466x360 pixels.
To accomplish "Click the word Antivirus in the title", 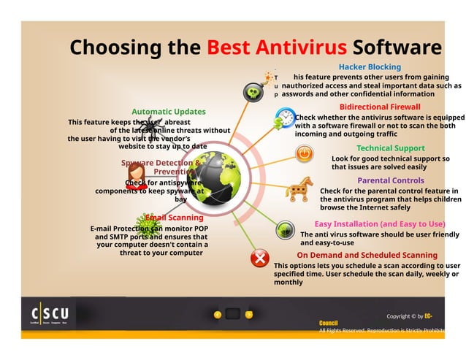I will [302, 48].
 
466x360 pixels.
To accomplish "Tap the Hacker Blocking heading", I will [370, 67].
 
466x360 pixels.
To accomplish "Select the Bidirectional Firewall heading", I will [380, 107].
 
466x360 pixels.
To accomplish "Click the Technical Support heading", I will [390, 148].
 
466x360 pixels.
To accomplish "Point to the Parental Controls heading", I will [390, 180].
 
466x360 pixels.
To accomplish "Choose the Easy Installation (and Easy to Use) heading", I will [380, 223].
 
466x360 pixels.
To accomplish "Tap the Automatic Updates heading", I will [168, 112].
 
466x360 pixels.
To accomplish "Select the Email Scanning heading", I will [174, 218].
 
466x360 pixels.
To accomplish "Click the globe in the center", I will [214, 177].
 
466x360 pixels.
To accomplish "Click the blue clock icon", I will [286, 117].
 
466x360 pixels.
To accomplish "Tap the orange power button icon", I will [304, 153].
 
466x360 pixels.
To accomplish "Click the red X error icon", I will [259, 258].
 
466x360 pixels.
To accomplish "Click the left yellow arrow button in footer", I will [217, 315].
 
